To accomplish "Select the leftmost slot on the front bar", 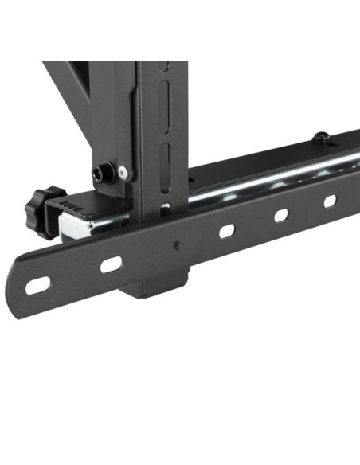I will pos(38,283).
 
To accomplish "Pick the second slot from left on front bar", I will pos(111,263).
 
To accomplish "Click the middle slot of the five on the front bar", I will pos(226,231).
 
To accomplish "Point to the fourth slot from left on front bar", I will pos(281,215).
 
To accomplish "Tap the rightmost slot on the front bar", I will pos(330,201).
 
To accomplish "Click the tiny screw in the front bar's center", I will pos(177,244).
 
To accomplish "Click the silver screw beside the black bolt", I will pos(123,171).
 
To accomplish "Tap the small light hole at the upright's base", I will pos(164,209).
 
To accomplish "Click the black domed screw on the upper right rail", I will pos(321,137).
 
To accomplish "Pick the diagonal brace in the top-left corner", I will pos(67,84).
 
